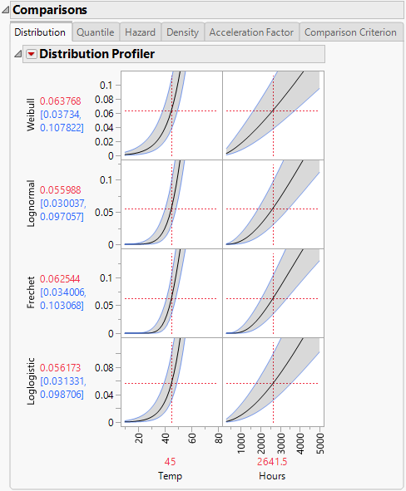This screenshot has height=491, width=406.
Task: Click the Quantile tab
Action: pyautogui.click(x=95, y=32)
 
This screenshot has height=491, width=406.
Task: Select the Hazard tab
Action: pyautogui.click(x=139, y=32)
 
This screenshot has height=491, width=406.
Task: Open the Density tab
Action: pyautogui.click(x=182, y=32)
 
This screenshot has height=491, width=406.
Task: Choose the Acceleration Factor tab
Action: pyautogui.click(x=250, y=32)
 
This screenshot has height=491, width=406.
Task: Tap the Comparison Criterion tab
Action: pyautogui.click(x=350, y=32)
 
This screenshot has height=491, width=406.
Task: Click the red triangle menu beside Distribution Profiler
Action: pyautogui.click(x=31, y=55)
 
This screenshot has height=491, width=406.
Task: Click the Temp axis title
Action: pyautogui.click(x=171, y=476)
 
